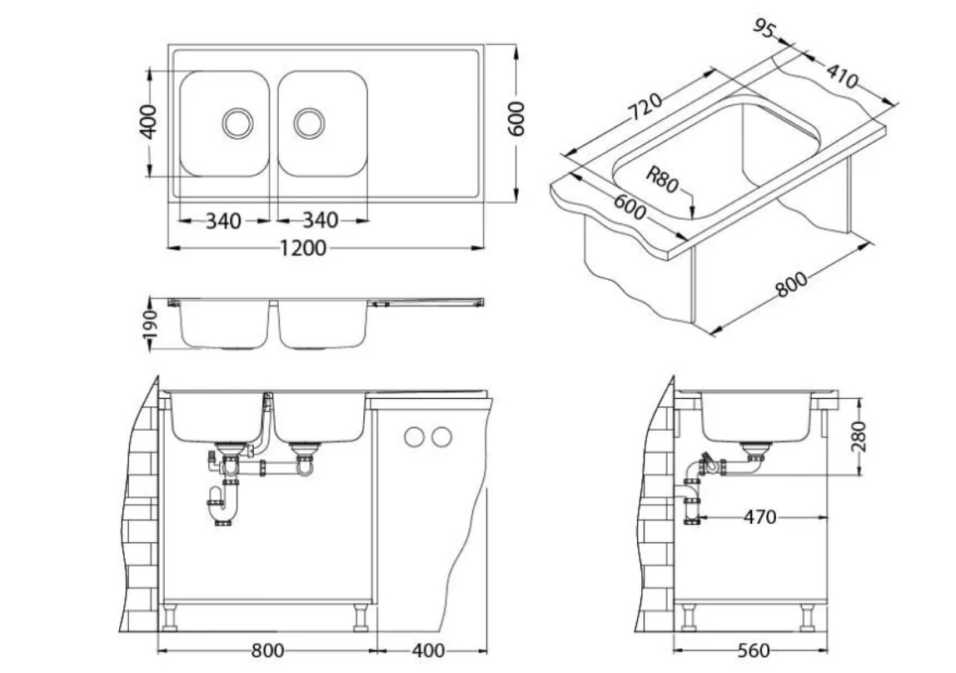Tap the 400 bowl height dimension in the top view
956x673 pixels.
148,122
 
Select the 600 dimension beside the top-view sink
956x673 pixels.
516,120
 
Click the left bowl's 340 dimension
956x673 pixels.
223,222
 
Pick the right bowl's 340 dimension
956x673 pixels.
320,222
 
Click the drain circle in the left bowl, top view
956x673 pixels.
237,123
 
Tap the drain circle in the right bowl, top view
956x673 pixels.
309,123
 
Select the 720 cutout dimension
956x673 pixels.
645,107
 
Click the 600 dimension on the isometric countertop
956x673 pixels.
630,207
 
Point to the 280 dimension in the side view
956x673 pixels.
859,436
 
